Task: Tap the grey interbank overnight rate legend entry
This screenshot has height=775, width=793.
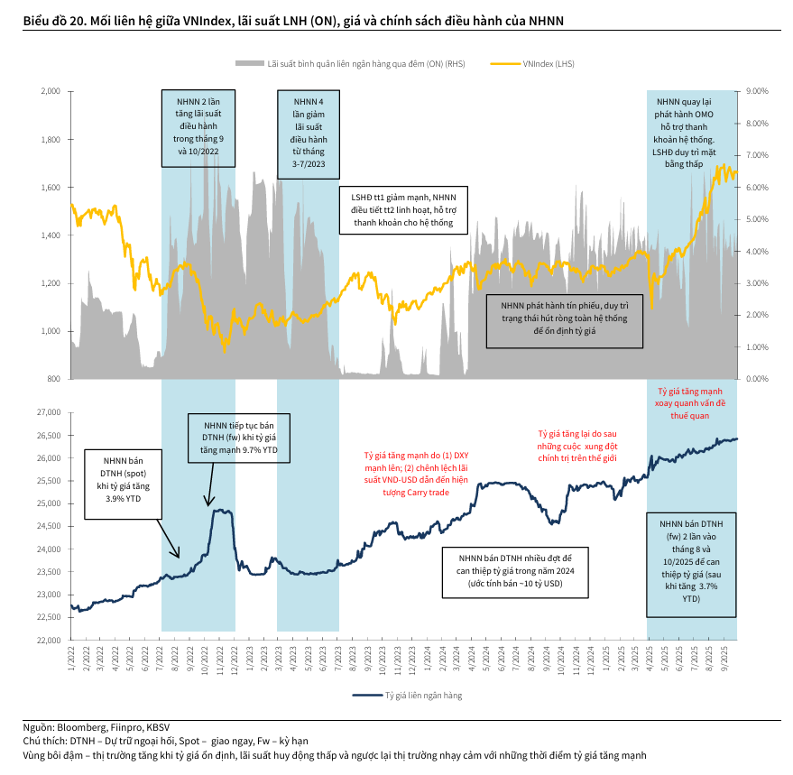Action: click(x=352, y=64)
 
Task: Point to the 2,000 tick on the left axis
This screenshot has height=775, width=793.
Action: click(x=51, y=92)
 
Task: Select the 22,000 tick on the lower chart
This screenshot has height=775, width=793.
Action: click(x=47, y=640)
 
